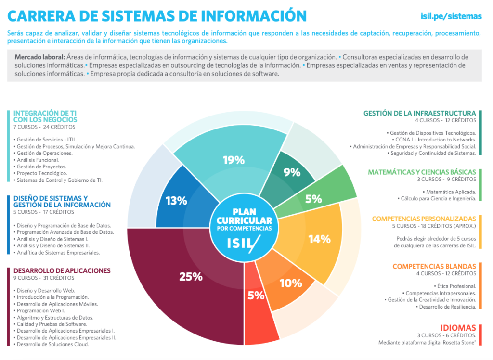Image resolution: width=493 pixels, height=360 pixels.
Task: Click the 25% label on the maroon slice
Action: pos(191,277)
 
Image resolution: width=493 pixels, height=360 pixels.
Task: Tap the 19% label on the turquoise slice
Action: pos(234,160)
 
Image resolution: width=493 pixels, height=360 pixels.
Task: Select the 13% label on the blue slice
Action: pos(176,201)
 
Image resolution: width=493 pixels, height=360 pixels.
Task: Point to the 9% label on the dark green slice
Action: pos(292,172)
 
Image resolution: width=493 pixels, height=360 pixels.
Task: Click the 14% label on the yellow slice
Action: pos(320,239)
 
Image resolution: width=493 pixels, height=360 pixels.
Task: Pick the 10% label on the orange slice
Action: pos(291,283)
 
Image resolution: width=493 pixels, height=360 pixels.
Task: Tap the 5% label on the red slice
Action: pos(256,296)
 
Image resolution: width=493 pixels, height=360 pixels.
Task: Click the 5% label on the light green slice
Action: pos(313,199)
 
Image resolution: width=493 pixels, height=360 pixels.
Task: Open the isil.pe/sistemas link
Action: pos(451,16)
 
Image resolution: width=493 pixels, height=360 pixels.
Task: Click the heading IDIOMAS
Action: pos(458,328)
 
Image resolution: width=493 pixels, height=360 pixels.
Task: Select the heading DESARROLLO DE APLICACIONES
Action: pos(62,270)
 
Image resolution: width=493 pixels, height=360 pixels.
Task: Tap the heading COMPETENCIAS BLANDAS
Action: pos(434,266)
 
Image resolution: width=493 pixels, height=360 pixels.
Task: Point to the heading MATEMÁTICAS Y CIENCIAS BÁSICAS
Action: pos(422,172)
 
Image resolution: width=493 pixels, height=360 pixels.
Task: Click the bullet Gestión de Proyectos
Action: pos(40,167)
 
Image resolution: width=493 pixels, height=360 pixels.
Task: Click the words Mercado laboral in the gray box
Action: pos(39,57)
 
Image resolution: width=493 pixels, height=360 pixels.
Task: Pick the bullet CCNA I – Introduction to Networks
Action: pos(434,140)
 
